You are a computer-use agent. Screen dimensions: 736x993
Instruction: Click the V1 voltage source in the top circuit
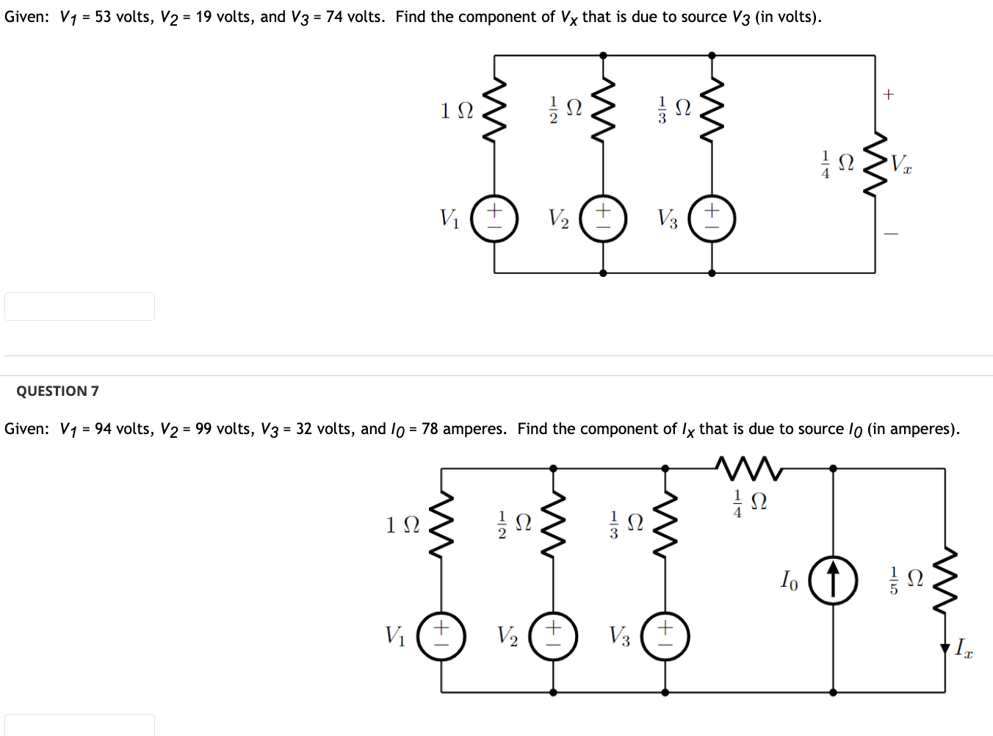click(x=494, y=218)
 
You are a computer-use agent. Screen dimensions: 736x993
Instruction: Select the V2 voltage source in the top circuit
click(x=603, y=218)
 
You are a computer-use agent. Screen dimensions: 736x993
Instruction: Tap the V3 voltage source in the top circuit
click(x=712, y=218)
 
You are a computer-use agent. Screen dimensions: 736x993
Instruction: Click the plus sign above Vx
click(x=889, y=94)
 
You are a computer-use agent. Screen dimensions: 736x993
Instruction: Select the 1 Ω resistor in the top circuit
click(x=494, y=109)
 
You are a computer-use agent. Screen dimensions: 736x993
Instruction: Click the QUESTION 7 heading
click(x=57, y=391)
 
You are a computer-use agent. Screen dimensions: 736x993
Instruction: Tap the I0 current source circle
click(x=833, y=580)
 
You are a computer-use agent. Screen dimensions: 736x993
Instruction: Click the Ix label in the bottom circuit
click(x=963, y=648)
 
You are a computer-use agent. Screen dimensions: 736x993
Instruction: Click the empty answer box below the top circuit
click(x=79, y=306)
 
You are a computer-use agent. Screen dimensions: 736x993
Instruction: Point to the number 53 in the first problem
click(x=103, y=16)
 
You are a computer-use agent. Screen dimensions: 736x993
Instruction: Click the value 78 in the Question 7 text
click(x=431, y=429)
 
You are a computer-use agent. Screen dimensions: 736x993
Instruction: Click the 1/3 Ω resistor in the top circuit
click(x=712, y=109)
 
